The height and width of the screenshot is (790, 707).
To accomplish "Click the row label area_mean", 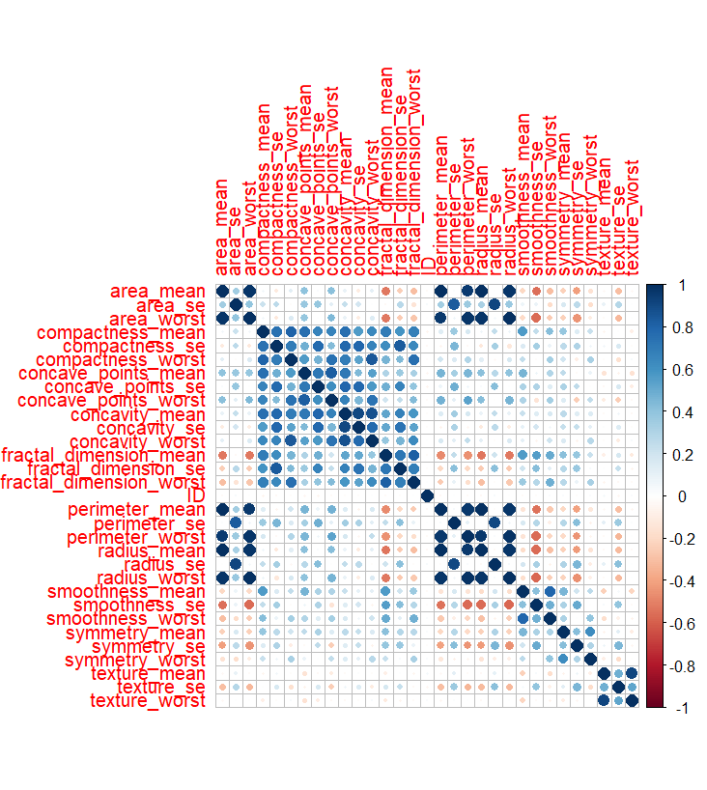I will [x=157, y=292].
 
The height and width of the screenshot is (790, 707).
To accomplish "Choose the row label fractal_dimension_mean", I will [x=104, y=455].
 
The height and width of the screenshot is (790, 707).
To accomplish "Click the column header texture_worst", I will [x=633, y=216].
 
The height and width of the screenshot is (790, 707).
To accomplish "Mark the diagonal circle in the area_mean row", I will [x=222, y=292].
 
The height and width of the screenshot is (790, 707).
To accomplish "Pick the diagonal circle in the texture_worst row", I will [x=632, y=701].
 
